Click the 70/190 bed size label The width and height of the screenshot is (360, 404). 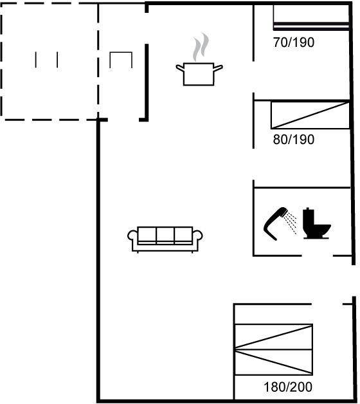[294, 42]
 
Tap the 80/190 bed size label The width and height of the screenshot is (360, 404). [294, 140]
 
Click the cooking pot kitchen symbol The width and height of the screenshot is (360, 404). [199, 74]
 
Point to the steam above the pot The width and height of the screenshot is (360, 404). [201, 47]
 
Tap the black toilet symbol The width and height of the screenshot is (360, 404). [316, 223]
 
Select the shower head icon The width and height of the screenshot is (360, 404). [274, 223]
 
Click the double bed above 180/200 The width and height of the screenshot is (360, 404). [274, 349]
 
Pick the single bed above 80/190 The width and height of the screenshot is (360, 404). [310, 115]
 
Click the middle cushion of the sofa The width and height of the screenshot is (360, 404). [165, 235]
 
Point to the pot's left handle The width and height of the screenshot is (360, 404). [180, 68]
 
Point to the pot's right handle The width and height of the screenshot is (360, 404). [218, 68]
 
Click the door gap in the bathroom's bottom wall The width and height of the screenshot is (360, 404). [317, 256]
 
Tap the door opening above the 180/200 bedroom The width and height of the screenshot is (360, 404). [327, 304]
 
